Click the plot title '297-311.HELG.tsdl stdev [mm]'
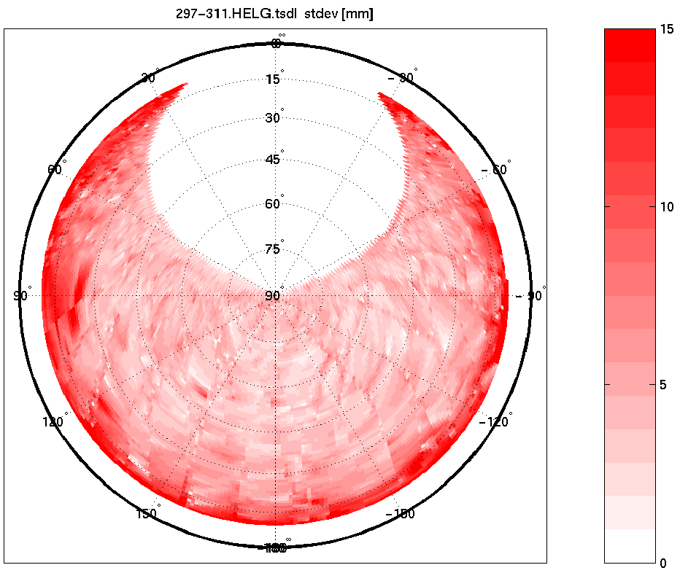click(274, 15)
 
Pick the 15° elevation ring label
click(274, 79)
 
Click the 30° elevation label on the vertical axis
click(274, 118)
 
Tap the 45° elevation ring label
click(274, 160)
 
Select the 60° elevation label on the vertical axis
click(274, 204)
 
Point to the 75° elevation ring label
click(274, 250)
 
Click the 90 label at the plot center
click(273, 296)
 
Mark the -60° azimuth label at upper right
click(495, 169)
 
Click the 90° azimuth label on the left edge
click(21, 296)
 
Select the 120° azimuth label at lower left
click(55, 422)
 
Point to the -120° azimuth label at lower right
click(494, 422)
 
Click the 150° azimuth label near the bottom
click(147, 514)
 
